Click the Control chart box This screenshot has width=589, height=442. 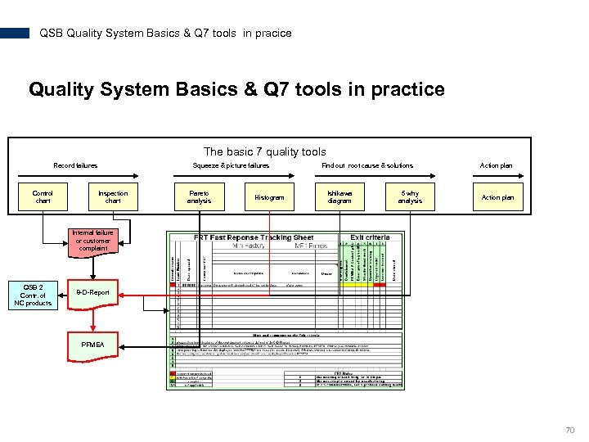tap(43, 197)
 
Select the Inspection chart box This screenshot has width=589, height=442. tap(113, 197)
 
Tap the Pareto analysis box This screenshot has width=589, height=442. tap(199, 197)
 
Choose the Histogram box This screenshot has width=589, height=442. tap(269, 197)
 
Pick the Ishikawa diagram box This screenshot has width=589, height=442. tap(339, 197)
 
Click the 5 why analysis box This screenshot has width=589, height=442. tap(410, 197)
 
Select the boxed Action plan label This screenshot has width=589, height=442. tap(497, 197)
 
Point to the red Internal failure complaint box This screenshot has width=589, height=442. tap(92, 241)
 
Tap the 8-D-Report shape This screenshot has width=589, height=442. tap(92, 293)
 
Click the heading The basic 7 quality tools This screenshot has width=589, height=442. tap(264, 151)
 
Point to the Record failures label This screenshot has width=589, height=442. tap(75, 165)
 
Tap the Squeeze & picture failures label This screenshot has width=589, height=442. tap(231, 165)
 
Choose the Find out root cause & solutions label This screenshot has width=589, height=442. tap(367, 165)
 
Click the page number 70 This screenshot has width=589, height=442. tap(569, 430)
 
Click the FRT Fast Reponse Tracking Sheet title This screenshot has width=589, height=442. tap(254, 237)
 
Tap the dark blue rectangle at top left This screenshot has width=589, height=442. tap(15, 34)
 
